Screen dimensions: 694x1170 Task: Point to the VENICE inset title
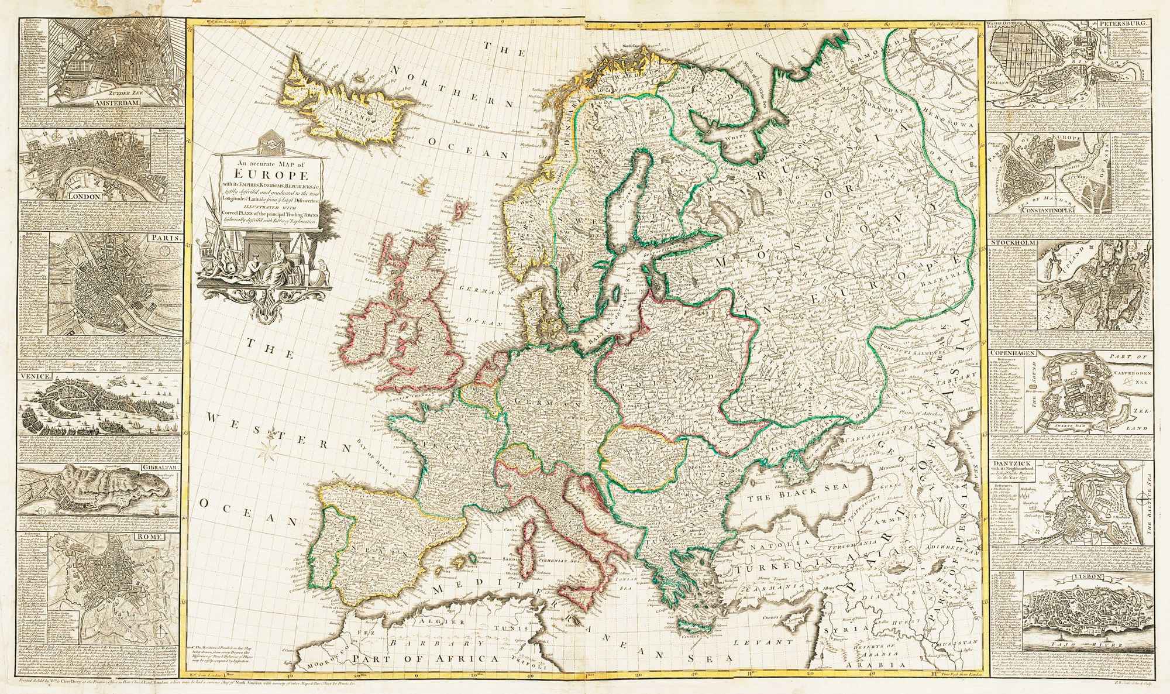(34, 377)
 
